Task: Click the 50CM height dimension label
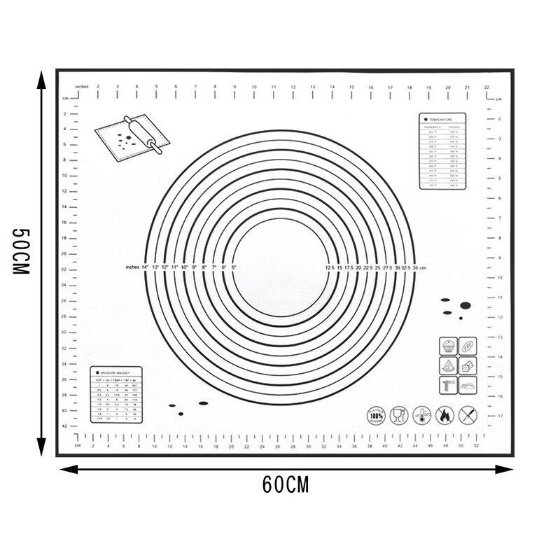(20, 251)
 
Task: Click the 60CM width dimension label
(286, 484)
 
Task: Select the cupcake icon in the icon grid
(448, 346)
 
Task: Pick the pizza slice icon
(448, 365)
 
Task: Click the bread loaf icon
(467, 346)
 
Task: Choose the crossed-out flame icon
(444, 416)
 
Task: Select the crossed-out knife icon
(467, 416)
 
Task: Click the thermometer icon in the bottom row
(421, 416)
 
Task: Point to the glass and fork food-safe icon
(399, 416)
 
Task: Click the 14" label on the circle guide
(145, 267)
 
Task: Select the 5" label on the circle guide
(234, 267)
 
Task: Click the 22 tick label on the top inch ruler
(486, 87)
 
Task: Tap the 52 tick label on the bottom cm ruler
(477, 445)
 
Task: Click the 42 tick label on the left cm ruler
(64, 426)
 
